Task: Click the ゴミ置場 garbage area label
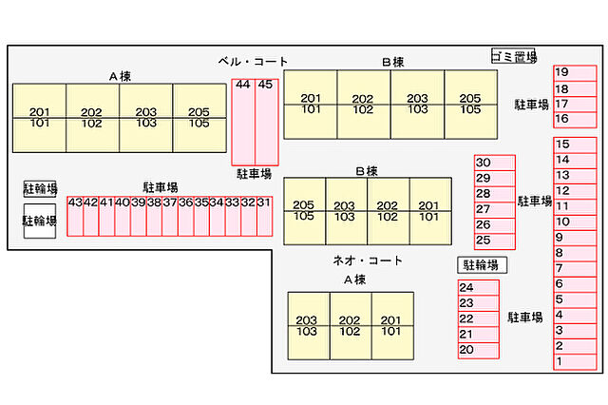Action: point(513,56)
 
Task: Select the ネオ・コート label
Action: point(367,260)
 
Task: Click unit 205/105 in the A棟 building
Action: point(199,117)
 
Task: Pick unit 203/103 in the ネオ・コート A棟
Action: point(308,326)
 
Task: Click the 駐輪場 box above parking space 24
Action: point(482,265)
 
